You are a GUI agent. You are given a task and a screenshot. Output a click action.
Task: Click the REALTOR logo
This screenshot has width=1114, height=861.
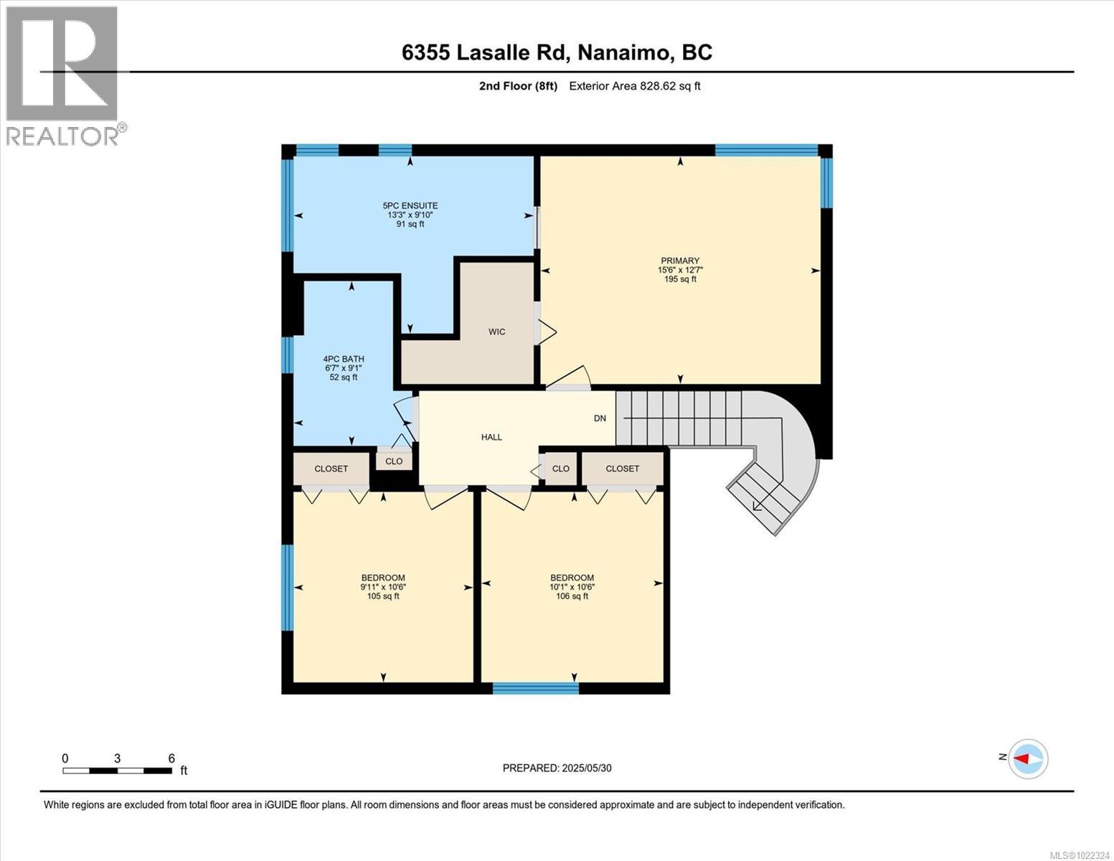(x=63, y=75)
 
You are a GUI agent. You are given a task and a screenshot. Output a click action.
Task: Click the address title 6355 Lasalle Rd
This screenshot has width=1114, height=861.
(x=557, y=52)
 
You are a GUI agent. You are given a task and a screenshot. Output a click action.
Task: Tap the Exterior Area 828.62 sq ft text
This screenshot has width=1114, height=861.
(x=634, y=86)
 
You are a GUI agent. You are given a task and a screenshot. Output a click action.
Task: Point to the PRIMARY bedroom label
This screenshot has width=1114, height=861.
(x=679, y=270)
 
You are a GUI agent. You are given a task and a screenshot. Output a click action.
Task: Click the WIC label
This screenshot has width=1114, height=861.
(x=496, y=331)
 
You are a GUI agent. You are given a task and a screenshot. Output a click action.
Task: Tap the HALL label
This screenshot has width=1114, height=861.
(x=491, y=437)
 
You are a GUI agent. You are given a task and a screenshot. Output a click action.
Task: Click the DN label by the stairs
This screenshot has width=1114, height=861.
(x=600, y=418)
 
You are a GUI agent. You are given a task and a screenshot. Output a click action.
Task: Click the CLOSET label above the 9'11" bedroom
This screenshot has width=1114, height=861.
(x=331, y=469)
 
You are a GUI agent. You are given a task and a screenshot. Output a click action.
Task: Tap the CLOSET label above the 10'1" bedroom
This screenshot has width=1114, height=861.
(x=622, y=469)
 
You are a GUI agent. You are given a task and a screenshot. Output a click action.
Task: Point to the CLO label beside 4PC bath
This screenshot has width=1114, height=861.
(x=394, y=461)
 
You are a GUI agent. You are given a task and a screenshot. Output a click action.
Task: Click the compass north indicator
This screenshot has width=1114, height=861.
(x=1026, y=758)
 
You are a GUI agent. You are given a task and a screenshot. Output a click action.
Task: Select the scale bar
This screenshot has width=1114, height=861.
(x=117, y=771)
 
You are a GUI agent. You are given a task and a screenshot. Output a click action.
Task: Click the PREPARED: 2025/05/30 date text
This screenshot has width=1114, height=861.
(x=557, y=768)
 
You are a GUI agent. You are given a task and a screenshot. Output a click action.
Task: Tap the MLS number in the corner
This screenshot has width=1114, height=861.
(x=1080, y=855)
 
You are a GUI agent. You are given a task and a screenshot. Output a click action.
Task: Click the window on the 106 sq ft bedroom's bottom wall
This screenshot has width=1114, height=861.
(x=535, y=688)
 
